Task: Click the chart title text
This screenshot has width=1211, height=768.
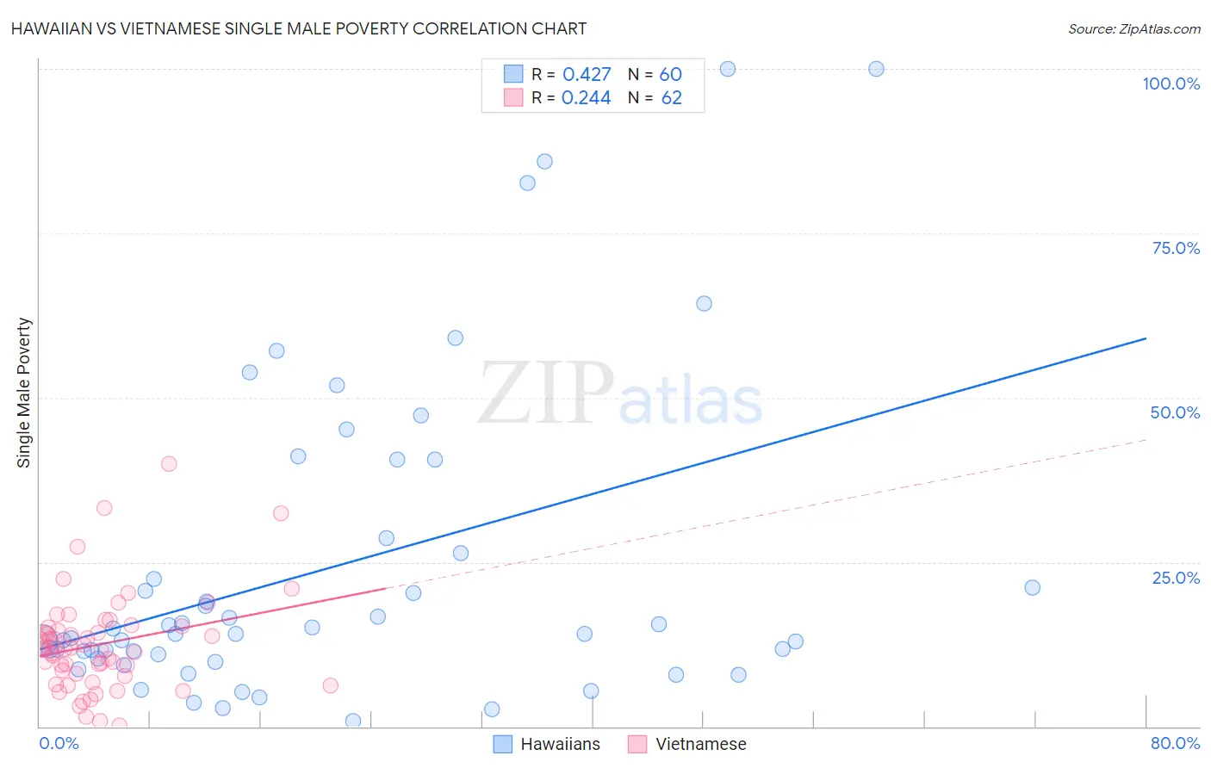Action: point(299,28)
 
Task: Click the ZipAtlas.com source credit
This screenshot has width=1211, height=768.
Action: point(1133,28)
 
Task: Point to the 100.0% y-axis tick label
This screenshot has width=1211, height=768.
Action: point(1171,84)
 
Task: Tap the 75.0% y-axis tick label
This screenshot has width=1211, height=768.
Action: point(1176,248)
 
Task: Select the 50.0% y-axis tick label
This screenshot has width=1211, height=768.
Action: point(1175,412)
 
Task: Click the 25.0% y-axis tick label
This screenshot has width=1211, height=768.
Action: point(1176,577)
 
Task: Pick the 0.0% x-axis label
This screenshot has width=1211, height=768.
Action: point(59,743)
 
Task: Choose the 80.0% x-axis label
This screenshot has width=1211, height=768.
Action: point(1175,743)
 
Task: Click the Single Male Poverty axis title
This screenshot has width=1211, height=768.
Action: point(24,393)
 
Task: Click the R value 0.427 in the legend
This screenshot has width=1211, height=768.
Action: point(587,75)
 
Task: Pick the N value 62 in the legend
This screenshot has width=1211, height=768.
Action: point(671,98)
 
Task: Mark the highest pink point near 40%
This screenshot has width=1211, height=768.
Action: point(169,464)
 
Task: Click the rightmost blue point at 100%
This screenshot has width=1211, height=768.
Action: point(876,69)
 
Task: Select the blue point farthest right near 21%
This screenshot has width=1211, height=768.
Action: point(1032,587)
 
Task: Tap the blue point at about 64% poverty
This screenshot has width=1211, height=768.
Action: point(704,303)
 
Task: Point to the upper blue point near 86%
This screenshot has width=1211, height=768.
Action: point(544,162)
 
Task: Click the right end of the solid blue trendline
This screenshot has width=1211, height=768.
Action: point(1146,338)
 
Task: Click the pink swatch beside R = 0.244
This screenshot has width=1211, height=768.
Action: point(513,97)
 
